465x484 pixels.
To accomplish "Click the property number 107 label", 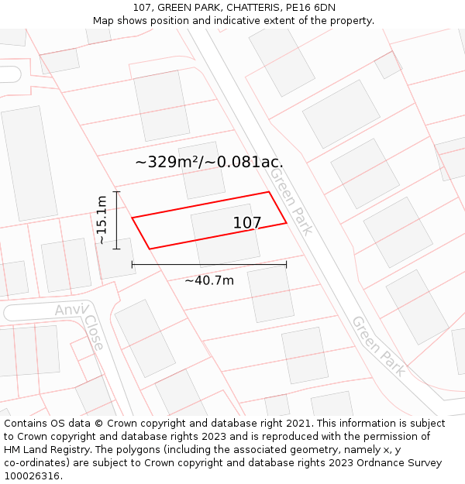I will pyautogui.click(x=247, y=223).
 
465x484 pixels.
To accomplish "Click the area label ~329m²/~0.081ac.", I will pyautogui.click(x=209, y=162).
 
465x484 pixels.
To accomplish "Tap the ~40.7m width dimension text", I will pyautogui.click(x=209, y=280).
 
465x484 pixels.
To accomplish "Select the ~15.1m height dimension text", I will pyautogui.click(x=102, y=220).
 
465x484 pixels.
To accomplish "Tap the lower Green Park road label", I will pyautogui.click(x=377, y=345).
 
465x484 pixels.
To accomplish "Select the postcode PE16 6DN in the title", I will pyautogui.click(x=311, y=8).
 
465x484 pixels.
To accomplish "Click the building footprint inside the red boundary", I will pyautogui.click(x=225, y=236).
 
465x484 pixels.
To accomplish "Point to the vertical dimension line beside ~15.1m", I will pyautogui.click(x=117, y=220).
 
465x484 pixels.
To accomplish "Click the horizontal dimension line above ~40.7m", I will pyautogui.click(x=209, y=265).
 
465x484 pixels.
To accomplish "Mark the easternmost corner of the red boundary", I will pyautogui.click(x=287, y=223).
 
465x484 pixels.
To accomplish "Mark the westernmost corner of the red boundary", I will pyautogui.click(x=133, y=218).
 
